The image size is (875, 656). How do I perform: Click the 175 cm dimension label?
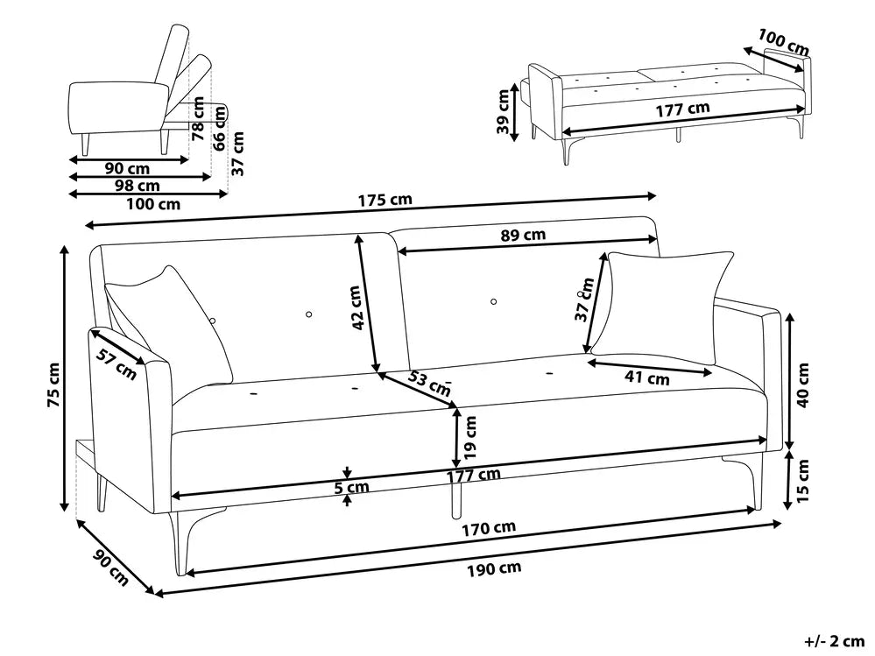(x=385, y=200)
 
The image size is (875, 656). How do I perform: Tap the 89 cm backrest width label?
(x=523, y=235)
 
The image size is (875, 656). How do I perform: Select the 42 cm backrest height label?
(x=357, y=308)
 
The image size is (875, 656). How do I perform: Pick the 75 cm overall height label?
(x=53, y=385)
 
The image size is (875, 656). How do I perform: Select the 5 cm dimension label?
(x=351, y=488)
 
